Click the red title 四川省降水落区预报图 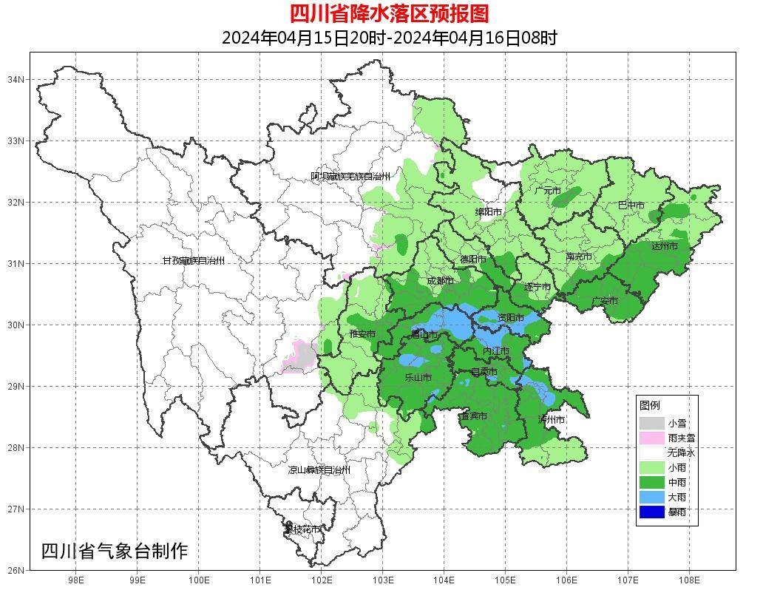pos(389,13)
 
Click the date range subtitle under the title pos(389,38)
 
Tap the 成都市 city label pos(440,281)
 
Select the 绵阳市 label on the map pos(488,212)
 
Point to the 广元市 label pos(548,191)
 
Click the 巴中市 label pos(631,206)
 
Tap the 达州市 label pos(664,246)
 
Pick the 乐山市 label pos(418,377)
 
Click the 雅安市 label pos(362,334)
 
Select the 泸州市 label pos(552,420)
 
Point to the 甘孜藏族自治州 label pos(193,261)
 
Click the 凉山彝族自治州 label pos(319,470)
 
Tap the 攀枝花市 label pos(303,529)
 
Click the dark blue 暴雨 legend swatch pos(651,512)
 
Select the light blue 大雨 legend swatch pos(651,497)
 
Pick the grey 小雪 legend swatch pos(651,423)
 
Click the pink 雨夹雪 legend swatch pos(651,438)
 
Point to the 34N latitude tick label pos(16,79)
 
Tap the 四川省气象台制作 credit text pos(115,551)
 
